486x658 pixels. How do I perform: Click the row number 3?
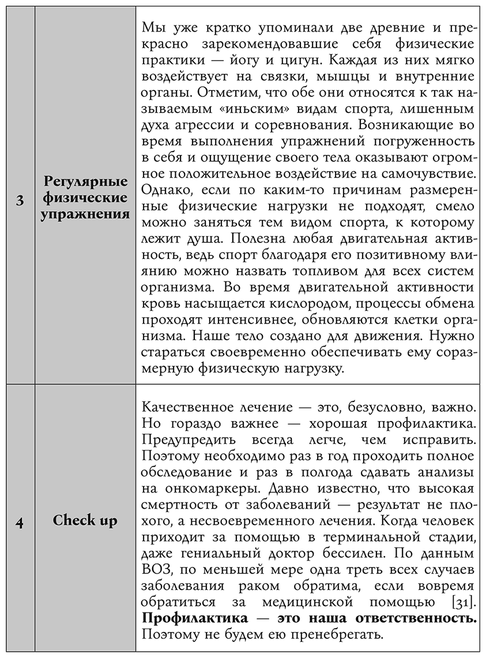(x=20, y=200)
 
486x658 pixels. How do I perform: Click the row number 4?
(x=20, y=521)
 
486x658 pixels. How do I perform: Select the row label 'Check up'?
(x=85, y=521)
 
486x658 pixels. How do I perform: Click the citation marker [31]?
(x=462, y=603)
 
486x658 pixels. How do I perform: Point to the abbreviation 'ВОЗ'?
(x=157, y=570)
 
